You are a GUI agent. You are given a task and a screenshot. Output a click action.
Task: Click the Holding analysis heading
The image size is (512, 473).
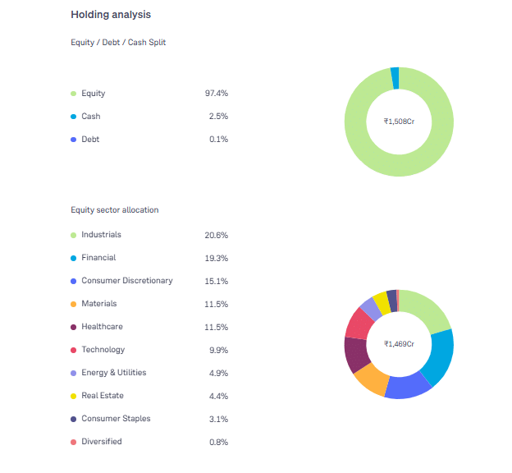pos(110,15)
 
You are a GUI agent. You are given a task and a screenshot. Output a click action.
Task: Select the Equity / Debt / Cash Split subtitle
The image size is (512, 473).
pos(118,42)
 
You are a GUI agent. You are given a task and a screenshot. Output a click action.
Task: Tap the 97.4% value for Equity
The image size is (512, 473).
pos(216,94)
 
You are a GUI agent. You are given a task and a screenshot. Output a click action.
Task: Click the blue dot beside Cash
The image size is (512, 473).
pos(73,117)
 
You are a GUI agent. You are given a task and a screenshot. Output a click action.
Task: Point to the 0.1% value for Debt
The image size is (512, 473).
pos(218,140)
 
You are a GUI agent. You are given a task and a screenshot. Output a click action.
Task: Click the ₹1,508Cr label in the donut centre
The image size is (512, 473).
pos(399,122)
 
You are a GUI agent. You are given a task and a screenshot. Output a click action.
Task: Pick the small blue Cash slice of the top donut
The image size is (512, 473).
pos(395,78)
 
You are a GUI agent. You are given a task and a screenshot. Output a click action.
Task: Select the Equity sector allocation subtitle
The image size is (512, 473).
pos(115,210)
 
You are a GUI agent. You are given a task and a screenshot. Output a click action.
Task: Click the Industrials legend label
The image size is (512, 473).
pos(101,235)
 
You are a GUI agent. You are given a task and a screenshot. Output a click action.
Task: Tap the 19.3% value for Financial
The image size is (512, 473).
pos(216,258)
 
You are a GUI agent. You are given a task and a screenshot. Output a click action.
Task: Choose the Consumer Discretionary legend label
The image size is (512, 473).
pos(127,281)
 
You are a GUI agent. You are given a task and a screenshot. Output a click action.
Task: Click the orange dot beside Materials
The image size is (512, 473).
pos(73,304)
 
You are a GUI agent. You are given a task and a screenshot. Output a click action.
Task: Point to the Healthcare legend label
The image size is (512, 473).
pos(102,327)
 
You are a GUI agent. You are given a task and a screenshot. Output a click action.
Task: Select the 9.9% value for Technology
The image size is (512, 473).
pos(217,350)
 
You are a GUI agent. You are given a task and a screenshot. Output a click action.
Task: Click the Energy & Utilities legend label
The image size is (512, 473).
pos(113,373)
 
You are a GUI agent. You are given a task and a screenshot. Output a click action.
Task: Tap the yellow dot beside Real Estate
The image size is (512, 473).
pos(73,396)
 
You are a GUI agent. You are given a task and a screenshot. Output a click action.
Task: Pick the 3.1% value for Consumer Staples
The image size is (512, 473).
pos(217,419)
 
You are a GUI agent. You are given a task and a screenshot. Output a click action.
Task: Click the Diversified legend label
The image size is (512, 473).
pos(102,442)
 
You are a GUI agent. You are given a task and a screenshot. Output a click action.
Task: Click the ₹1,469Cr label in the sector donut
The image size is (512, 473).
pos(399,343)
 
